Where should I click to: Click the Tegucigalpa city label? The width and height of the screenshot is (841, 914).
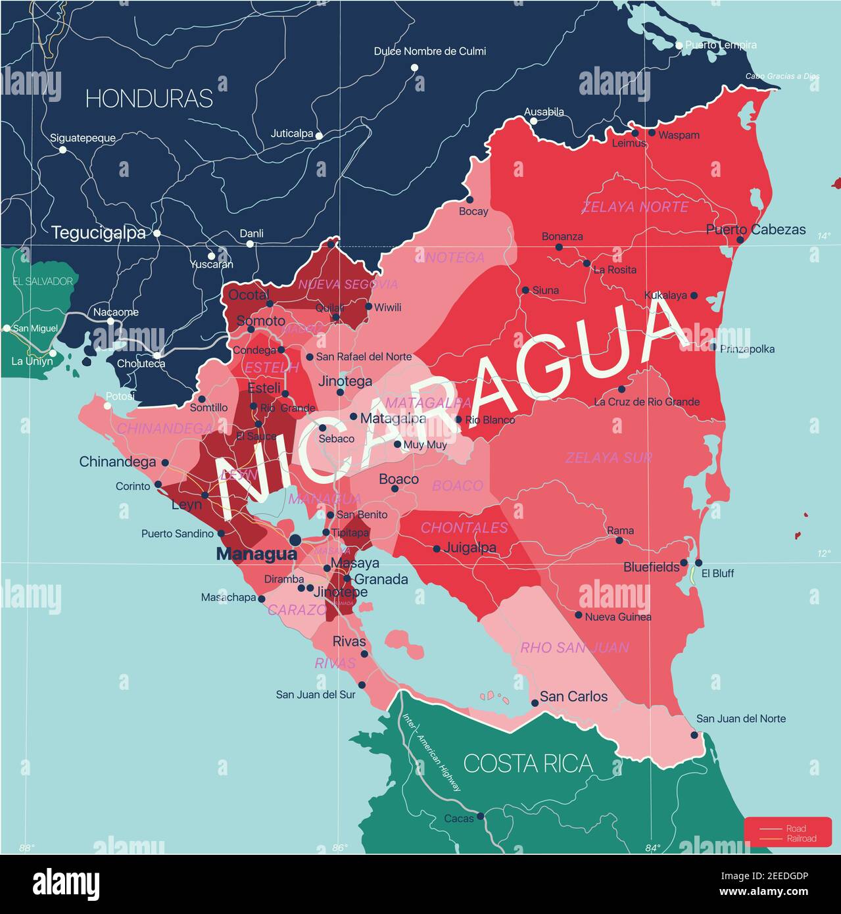point(99,233)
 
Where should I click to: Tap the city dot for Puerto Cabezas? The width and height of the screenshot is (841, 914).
point(740,240)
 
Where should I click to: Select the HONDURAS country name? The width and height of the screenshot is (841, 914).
point(149,99)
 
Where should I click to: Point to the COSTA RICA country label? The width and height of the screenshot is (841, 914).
point(528,763)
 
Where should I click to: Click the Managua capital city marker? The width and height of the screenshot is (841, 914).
point(295,540)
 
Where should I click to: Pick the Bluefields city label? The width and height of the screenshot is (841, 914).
point(651,566)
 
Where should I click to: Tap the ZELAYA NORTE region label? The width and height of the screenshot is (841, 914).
point(635,207)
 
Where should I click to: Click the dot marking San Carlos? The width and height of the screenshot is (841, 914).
point(535,703)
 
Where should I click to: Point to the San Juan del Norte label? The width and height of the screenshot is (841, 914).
point(741,719)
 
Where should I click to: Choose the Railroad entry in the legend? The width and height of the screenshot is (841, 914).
point(801,838)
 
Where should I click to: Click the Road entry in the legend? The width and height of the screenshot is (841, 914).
point(796,829)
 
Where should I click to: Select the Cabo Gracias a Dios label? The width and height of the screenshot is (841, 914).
point(782,76)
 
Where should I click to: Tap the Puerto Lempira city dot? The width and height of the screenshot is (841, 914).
point(679,45)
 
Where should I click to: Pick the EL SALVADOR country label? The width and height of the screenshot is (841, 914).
point(43,281)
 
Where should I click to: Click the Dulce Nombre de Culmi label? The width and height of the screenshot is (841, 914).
point(430,51)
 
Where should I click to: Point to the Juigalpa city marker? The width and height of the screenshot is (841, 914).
point(437,548)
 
